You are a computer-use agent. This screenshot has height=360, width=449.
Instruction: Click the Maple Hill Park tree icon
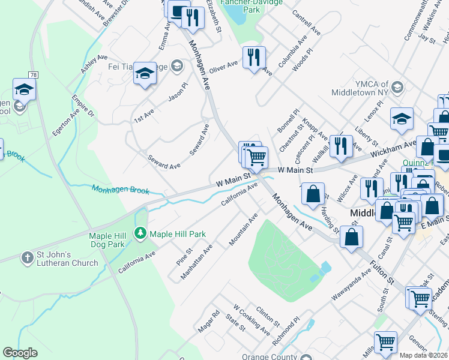[140, 232]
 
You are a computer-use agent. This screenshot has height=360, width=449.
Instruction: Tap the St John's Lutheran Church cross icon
[27, 258]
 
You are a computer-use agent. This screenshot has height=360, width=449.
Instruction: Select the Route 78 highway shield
[33, 75]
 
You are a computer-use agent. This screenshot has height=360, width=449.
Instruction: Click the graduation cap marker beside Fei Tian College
[145, 73]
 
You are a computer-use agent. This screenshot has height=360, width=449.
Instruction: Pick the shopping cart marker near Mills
[385, 341]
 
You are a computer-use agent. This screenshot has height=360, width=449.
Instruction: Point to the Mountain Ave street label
[243, 229]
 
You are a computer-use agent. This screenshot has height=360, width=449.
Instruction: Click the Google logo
[20, 353]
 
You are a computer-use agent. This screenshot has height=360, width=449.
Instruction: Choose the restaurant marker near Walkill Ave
[341, 146]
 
